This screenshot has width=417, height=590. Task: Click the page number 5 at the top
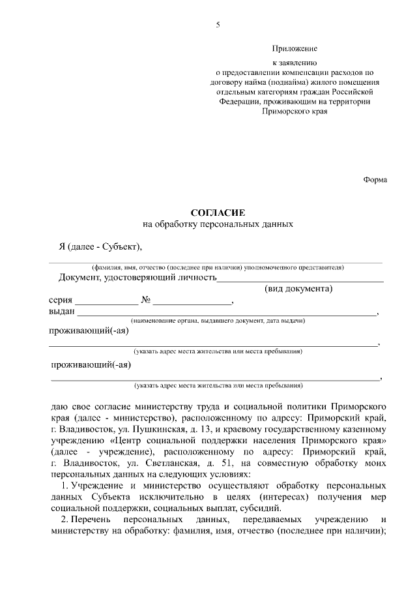point(218,25)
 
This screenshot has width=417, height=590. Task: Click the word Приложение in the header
point(295,49)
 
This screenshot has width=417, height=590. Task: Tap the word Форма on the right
point(375,181)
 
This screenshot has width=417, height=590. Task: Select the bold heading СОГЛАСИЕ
point(217,213)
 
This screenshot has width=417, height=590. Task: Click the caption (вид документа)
point(299,289)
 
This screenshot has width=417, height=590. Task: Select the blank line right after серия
point(107,304)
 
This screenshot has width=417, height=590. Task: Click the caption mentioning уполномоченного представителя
point(218,267)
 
